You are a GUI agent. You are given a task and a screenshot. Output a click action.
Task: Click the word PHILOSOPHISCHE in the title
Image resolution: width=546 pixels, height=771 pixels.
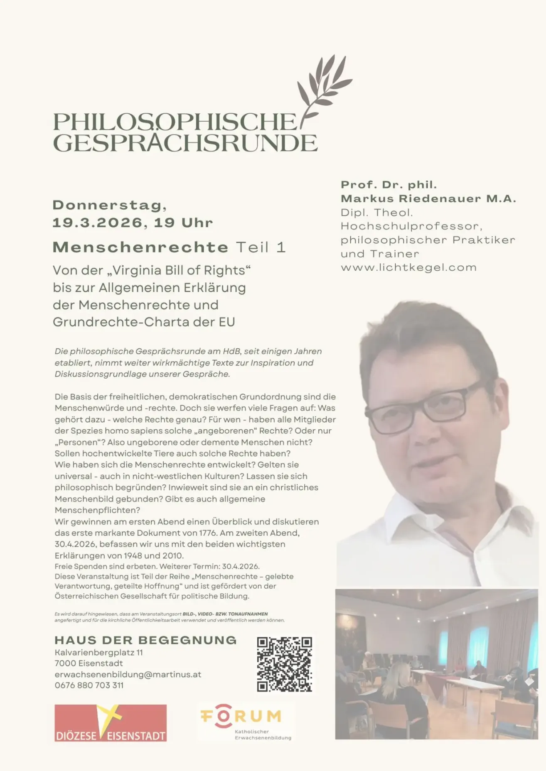175,122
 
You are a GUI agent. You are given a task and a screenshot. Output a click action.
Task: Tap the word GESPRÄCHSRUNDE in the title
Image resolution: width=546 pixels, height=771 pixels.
185,143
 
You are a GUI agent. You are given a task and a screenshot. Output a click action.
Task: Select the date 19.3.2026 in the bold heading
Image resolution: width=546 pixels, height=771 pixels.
97,223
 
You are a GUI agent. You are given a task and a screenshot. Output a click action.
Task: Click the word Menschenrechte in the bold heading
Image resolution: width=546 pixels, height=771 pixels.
140,247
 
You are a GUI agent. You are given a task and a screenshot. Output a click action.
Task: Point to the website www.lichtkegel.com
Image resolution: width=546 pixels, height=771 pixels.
408,268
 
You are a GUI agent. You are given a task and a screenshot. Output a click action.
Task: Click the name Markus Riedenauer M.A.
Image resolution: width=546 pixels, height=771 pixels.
428,198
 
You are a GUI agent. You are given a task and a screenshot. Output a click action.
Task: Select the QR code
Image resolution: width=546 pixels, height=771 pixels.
284,664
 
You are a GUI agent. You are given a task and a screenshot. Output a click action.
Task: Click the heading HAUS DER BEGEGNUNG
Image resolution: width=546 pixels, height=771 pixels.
145,640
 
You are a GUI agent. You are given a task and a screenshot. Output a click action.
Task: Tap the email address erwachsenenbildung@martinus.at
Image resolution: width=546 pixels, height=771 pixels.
128,675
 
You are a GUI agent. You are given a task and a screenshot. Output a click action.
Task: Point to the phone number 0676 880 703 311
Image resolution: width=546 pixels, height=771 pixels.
89,685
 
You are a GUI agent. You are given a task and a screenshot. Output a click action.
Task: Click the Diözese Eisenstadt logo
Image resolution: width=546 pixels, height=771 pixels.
110,723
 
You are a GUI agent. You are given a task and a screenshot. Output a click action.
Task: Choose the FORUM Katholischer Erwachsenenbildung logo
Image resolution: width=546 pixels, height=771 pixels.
246,722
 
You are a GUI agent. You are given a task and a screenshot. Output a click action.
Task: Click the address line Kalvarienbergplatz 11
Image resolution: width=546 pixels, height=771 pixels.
98,653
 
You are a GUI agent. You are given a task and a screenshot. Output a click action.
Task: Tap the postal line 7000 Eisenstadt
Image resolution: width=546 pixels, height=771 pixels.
89,663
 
